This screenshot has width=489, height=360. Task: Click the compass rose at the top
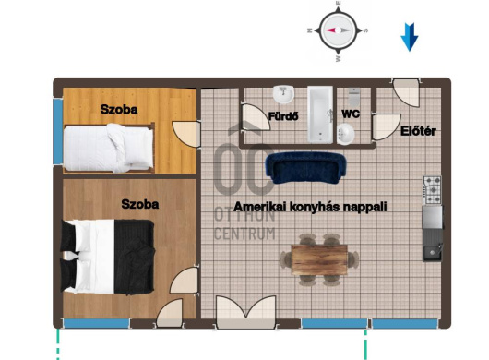pyautogui.click(x=338, y=30)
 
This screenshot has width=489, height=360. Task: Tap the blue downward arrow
pyautogui.click(x=409, y=37)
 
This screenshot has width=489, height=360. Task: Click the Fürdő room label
pyautogui.click(x=283, y=116)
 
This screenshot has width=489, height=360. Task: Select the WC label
pyautogui.click(x=351, y=114)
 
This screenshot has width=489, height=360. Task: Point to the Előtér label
pyautogui.click(x=418, y=131)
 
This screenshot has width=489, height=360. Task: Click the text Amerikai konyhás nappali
pyautogui.click(x=310, y=207)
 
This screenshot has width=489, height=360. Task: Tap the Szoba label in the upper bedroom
pyautogui.click(x=119, y=110)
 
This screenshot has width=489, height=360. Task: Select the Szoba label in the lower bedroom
pyautogui.click(x=140, y=204)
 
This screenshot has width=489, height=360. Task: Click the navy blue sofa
pyautogui.click(x=305, y=168)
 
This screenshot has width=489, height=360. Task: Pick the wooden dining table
pyautogui.click(x=319, y=260)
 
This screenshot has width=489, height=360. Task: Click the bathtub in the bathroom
pyautogui.click(x=320, y=114)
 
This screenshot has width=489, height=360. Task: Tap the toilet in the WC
pyautogui.click(x=354, y=97)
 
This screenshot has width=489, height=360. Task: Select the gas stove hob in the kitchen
pyautogui.click(x=432, y=190)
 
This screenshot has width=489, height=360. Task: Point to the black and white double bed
pyautogui.click(x=108, y=257)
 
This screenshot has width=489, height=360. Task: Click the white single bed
pyautogui.click(x=109, y=148)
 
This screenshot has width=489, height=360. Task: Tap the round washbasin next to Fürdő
pyautogui.click(x=283, y=94)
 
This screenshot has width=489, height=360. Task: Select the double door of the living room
pyautogui.click(x=246, y=312)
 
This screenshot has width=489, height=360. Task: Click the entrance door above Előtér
pyautogui.click(x=406, y=92)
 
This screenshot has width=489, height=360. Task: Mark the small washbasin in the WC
pyautogui.click(x=346, y=134)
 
